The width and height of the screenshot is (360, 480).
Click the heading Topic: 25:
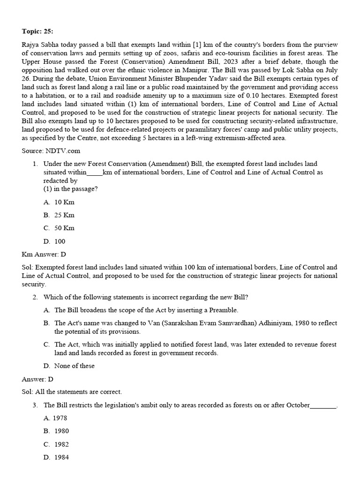[37, 31]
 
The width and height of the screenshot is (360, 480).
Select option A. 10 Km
[59, 202]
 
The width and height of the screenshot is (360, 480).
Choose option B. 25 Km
[59, 215]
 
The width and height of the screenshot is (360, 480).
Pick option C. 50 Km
[59, 228]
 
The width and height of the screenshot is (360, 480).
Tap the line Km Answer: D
[44, 254]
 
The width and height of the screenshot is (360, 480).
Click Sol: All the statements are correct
[72, 391]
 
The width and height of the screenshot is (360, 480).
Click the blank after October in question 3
[323, 405]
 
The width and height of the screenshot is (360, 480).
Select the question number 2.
[35, 297]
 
